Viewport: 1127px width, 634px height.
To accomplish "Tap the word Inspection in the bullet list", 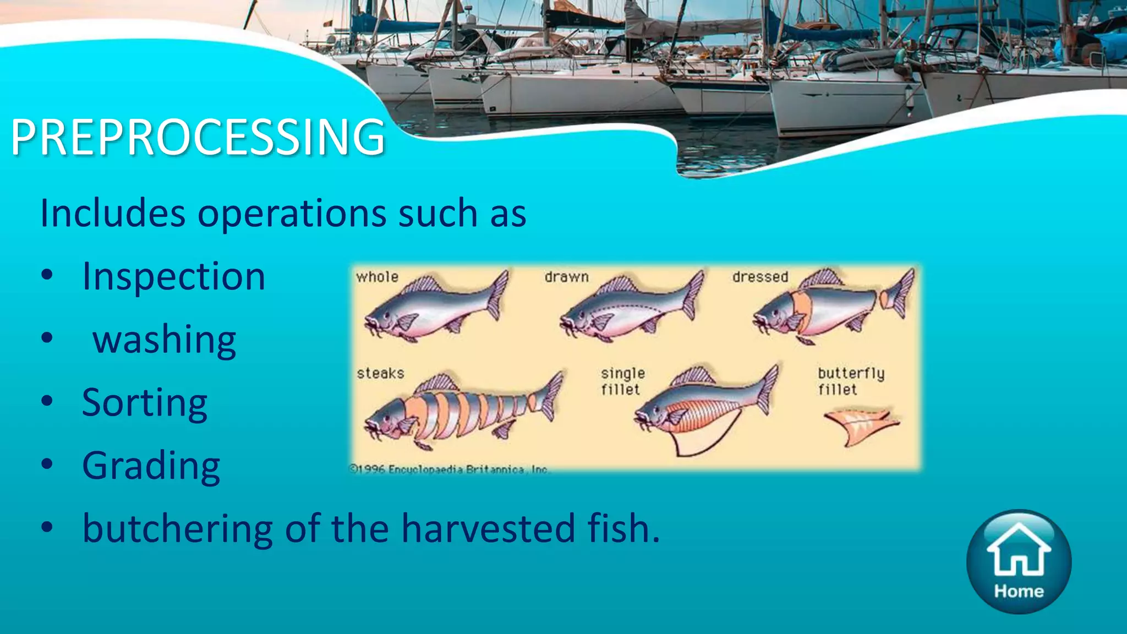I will click(x=174, y=276).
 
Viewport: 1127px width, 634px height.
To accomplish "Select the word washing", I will click(x=165, y=340).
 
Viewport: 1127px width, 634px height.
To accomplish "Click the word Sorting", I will click(x=145, y=402).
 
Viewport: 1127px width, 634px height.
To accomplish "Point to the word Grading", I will click(x=151, y=466).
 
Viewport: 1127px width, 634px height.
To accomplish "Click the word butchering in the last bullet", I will click(x=177, y=528).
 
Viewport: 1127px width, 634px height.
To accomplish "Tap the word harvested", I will click(x=488, y=528).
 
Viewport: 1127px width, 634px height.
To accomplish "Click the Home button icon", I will click(x=1019, y=561).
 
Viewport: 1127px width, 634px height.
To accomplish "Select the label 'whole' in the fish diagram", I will click(x=377, y=277).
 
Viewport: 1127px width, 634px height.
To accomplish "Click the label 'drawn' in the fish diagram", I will click(x=566, y=277).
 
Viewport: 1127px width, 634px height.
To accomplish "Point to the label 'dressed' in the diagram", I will click(x=760, y=277).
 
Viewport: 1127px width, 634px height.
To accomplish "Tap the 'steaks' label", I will click(x=380, y=373).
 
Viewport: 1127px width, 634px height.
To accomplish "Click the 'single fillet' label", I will click(x=622, y=381).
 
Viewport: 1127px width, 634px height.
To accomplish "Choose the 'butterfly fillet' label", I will click(x=850, y=381).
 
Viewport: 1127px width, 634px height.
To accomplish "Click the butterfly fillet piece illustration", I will click(x=860, y=425).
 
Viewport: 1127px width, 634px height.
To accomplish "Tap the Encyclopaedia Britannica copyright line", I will click(x=449, y=469).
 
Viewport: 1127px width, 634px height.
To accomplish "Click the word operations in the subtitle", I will click(x=292, y=213).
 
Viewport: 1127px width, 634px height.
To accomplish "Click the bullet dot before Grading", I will click(x=47, y=464).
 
